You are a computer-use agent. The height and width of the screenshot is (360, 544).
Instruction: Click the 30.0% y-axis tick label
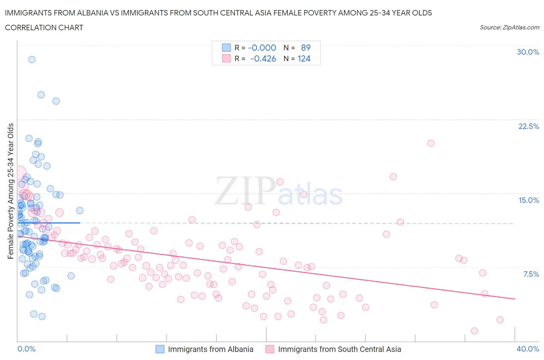[x=528, y=52]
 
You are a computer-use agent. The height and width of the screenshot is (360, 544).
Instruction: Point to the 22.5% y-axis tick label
[x=529, y=126]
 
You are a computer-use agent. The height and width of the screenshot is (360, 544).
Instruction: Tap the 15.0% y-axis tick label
[x=529, y=200]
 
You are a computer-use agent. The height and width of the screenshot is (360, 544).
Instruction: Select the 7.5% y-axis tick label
[x=531, y=274]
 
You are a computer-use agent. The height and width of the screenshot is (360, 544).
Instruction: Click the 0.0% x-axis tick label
[x=26, y=349]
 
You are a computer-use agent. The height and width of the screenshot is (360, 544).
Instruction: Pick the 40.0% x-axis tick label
[x=528, y=349]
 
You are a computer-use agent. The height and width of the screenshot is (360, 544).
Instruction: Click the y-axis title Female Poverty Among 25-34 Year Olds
[x=11, y=191]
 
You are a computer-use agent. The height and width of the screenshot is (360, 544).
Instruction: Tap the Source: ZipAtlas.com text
[x=509, y=27]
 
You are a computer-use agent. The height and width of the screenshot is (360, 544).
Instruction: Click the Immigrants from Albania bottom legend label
[x=210, y=349]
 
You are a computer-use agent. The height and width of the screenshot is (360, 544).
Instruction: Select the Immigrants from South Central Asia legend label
[x=339, y=349]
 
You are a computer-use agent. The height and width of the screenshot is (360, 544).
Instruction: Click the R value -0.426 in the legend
[x=263, y=58]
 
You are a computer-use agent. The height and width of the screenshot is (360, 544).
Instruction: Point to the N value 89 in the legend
[x=306, y=48]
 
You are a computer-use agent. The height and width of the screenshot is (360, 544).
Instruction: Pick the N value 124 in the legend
[x=304, y=58]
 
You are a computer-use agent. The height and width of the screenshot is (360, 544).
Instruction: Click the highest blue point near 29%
[x=32, y=59]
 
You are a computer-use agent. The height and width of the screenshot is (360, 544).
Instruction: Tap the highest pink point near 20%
[x=431, y=143]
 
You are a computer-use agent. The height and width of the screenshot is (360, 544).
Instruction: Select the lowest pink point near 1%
[x=474, y=331]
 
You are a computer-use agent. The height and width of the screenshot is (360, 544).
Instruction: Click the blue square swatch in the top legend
[x=226, y=48]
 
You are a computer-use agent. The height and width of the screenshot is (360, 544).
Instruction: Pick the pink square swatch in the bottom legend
[x=270, y=349]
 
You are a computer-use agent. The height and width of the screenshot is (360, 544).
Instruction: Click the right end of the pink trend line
[x=515, y=299]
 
